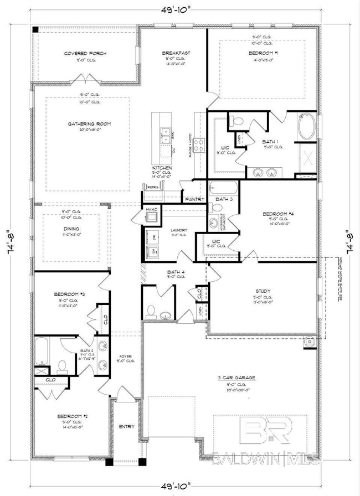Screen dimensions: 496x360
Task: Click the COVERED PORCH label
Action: coord(85,54)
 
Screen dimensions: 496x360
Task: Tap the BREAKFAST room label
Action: coord(176,53)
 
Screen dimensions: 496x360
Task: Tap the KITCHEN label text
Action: coord(162,168)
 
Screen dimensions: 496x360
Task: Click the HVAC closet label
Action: coord(152,209)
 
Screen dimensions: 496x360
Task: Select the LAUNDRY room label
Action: coord(178,230)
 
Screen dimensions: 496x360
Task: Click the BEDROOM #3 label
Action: coord(69,294)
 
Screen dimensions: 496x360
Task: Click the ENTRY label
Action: coord(126,426)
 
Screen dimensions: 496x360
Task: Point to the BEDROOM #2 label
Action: coord(72,416)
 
